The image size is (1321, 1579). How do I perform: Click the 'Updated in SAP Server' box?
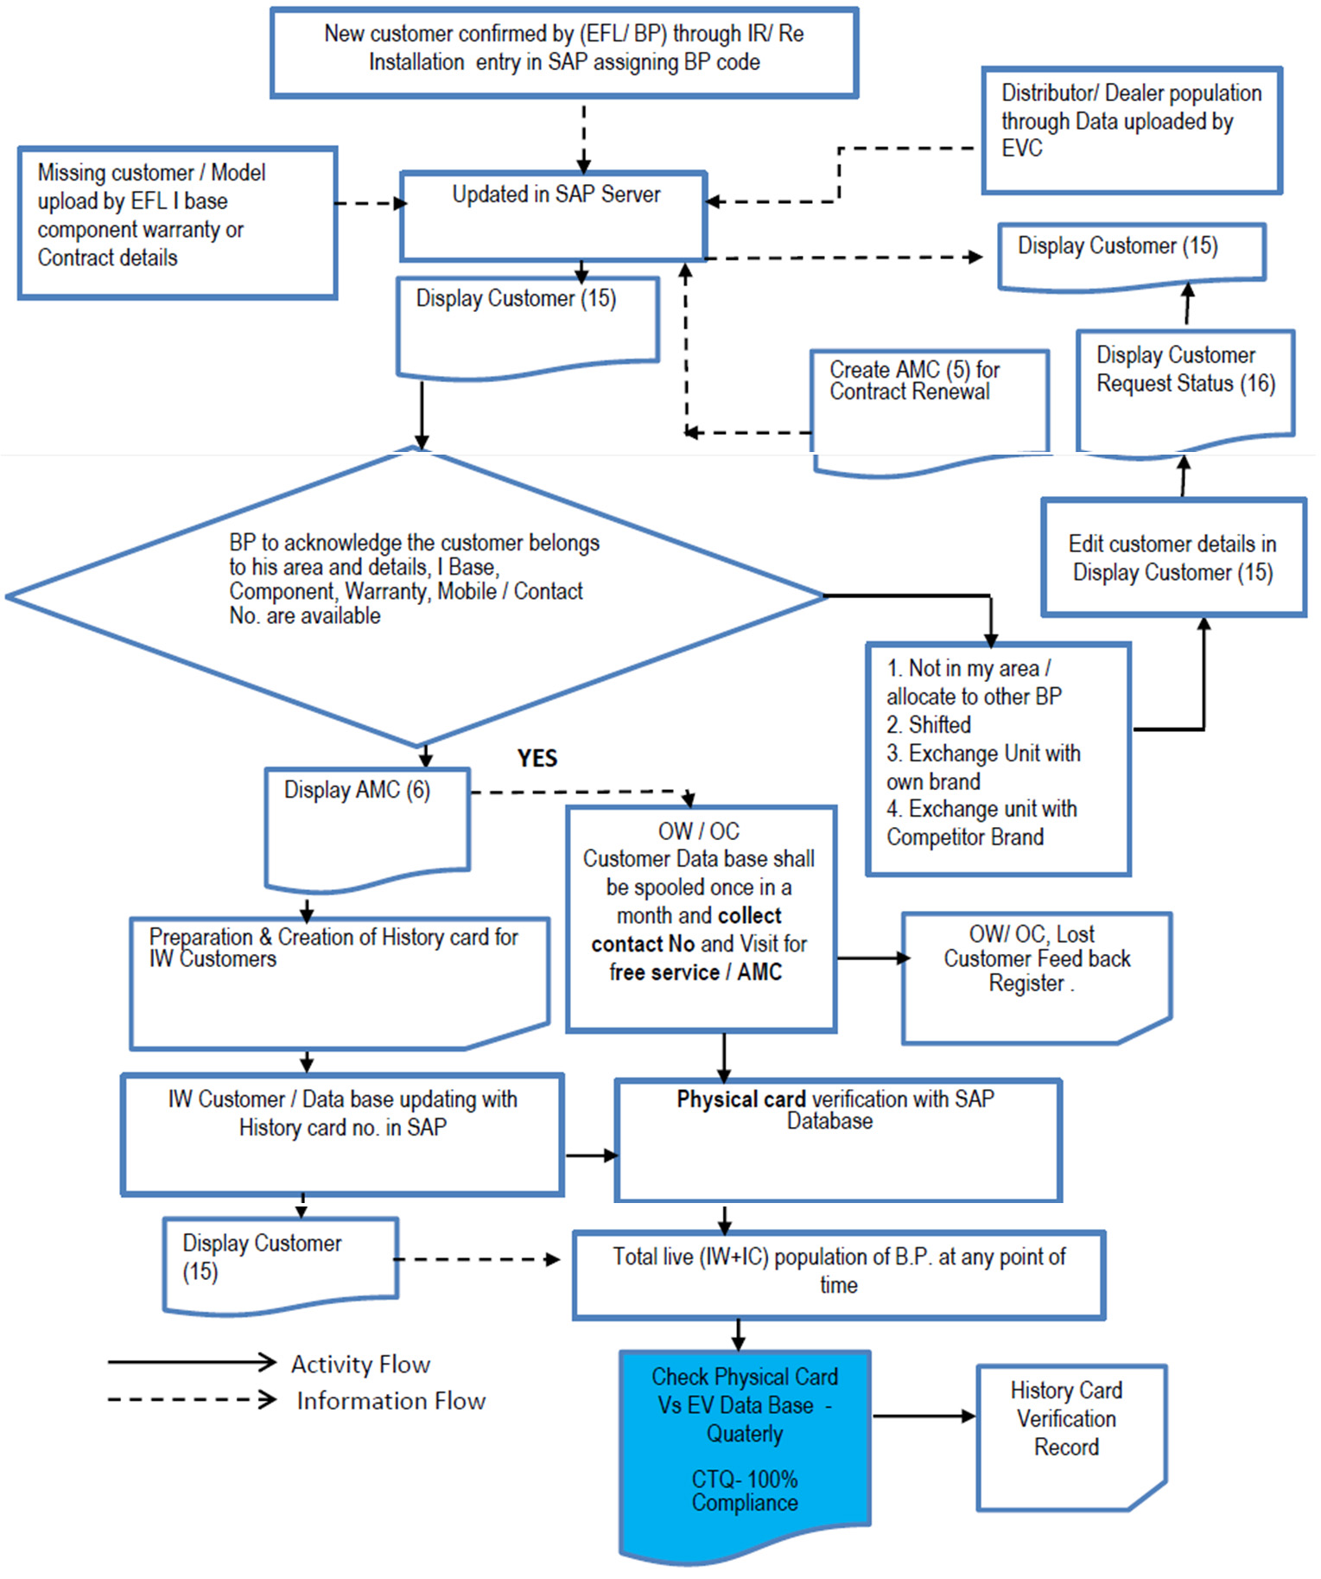[553, 216]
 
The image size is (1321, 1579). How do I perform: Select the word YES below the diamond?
[537, 758]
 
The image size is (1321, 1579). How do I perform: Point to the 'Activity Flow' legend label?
[360, 1364]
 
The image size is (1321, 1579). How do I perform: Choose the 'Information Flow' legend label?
[391, 1400]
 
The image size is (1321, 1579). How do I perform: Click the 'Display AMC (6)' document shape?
[366, 825]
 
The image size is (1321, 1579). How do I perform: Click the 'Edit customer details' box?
[1172, 557]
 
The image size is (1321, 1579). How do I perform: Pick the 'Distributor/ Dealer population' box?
[1131, 130]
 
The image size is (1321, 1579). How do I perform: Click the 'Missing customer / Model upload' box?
[177, 222]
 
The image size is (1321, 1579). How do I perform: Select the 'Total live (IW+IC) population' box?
[838, 1274]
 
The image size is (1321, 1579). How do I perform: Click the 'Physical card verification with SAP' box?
[836, 1138]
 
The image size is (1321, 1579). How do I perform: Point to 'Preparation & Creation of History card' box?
[339, 981]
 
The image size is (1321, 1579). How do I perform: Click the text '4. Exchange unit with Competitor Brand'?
[981, 823]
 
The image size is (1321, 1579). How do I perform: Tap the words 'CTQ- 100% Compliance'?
[744, 1491]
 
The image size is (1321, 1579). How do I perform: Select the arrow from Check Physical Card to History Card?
[924, 1416]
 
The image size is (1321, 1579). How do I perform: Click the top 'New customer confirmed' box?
[563, 52]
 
